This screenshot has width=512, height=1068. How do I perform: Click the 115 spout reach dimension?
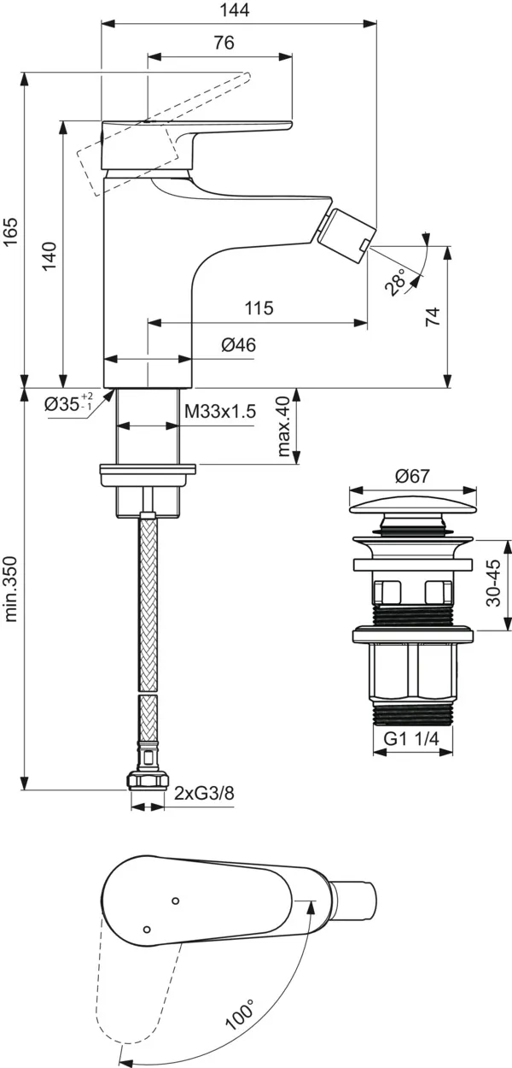pos(258,308)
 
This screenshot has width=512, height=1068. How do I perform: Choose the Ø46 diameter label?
pos(238,345)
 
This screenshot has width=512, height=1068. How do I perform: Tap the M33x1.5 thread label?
pos(220,412)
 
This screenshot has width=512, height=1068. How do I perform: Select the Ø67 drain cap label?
pos(412,477)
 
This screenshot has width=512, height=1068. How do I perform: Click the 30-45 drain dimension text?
pos(493,583)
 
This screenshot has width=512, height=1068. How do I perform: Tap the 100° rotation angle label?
pos(241,1014)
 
